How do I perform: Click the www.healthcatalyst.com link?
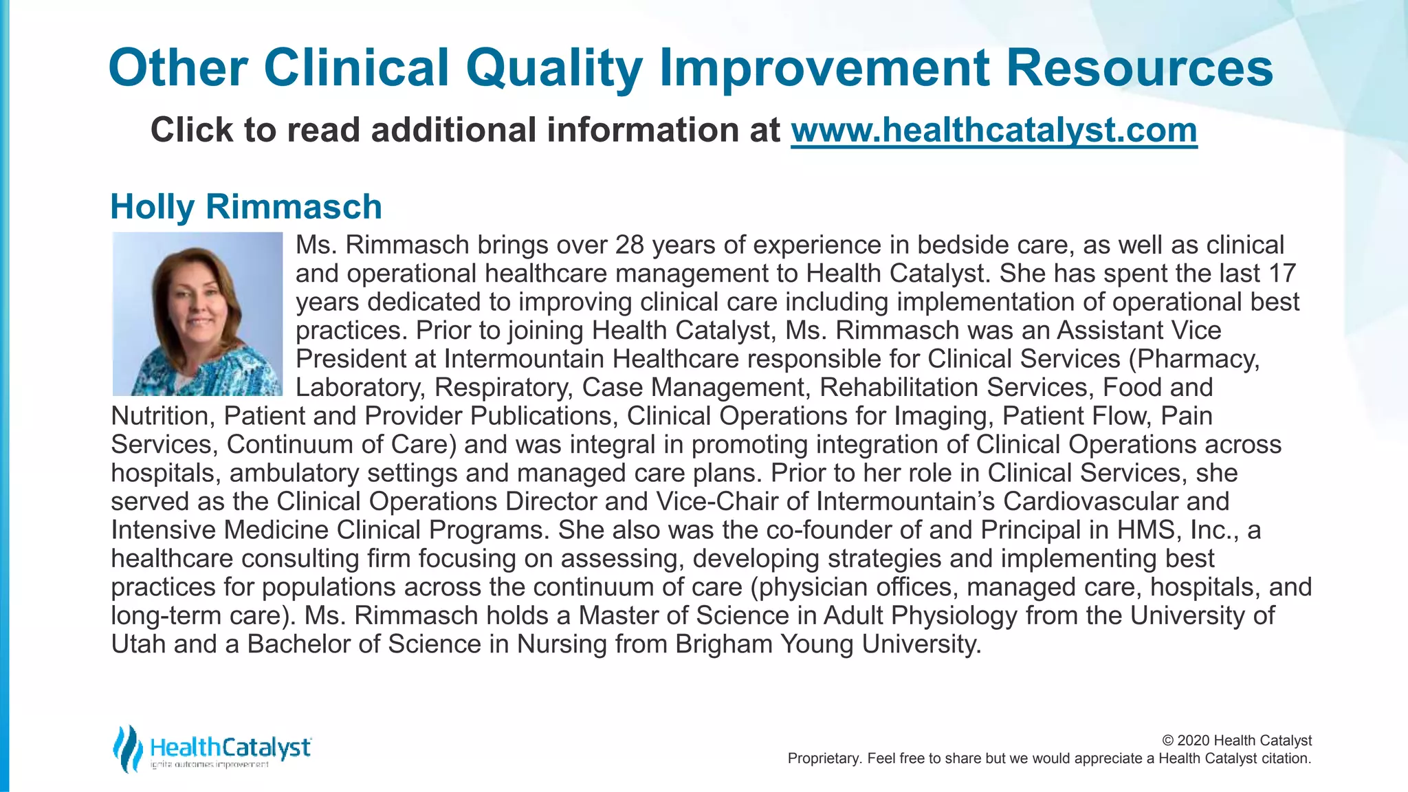pos(993,131)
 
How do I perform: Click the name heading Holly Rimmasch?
pos(246,207)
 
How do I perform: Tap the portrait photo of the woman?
pos(197,314)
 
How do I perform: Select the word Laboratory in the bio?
pos(358,388)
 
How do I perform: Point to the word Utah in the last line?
pos(138,644)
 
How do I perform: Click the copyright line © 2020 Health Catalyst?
pos(1236,740)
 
